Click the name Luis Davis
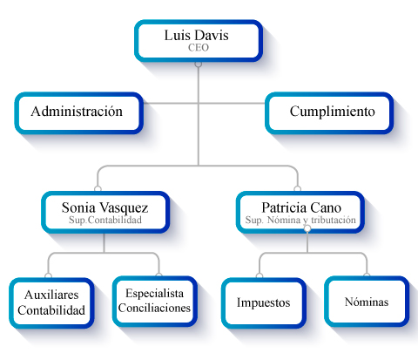pyautogui.click(x=197, y=36)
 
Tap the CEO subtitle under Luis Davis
pyautogui.click(x=199, y=48)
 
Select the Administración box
pyautogui.click(x=79, y=113)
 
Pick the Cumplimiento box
pyautogui.click(x=329, y=113)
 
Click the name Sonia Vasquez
pyautogui.click(x=104, y=207)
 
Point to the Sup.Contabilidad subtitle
pyautogui.click(x=105, y=220)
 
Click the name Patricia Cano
pyautogui.click(x=301, y=207)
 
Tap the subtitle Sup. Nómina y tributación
pyautogui.click(x=300, y=220)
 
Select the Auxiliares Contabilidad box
pyautogui.click(x=51, y=303)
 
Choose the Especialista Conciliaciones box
pyautogui.click(x=155, y=302)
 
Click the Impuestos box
pyautogui.click(x=264, y=303)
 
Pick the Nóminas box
pyautogui.click(x=367, y=302)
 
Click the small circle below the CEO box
pyautogui.click(x=199, y=64)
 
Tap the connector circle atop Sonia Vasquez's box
pyautogui.click(x=98, y=189)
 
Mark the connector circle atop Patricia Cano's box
pyautogui.click(x=297, y=189)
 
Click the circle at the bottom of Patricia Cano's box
pyautogui.click(x=307, y=228)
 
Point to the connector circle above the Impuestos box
pyautogui.click(x=260, y=275)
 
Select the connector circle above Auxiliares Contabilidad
pyautogui.click(x=48, y=275)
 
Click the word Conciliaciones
pyautogui.click(x=154, y=308)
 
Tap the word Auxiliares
pyautogui.click(x=51, y=295)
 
